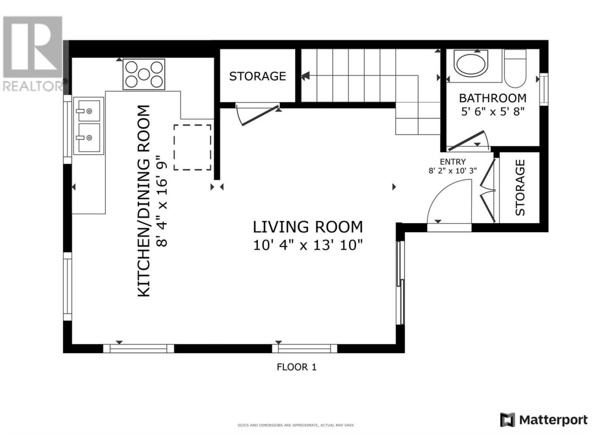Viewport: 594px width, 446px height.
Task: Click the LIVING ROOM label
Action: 308,227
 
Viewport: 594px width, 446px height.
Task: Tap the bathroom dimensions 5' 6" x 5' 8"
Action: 492,111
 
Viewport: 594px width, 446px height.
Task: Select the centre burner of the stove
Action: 144,74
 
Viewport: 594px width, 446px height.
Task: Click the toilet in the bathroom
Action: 515,68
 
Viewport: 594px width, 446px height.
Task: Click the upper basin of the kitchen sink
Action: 89,111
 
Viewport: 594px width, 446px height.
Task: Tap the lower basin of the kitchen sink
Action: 89,138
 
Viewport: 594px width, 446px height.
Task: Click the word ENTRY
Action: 453,162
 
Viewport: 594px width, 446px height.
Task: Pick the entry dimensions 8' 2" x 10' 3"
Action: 453,171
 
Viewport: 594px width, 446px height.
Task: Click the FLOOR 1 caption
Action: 297,367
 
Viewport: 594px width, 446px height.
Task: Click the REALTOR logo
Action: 33,53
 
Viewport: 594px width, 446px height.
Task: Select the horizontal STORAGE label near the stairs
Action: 258,76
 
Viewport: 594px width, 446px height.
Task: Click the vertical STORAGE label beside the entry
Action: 520,187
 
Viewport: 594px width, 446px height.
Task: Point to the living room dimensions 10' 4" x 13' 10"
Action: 308,246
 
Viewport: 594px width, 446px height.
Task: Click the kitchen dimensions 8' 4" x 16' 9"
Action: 162,201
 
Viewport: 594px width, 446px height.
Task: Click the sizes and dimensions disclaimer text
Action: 296,426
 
